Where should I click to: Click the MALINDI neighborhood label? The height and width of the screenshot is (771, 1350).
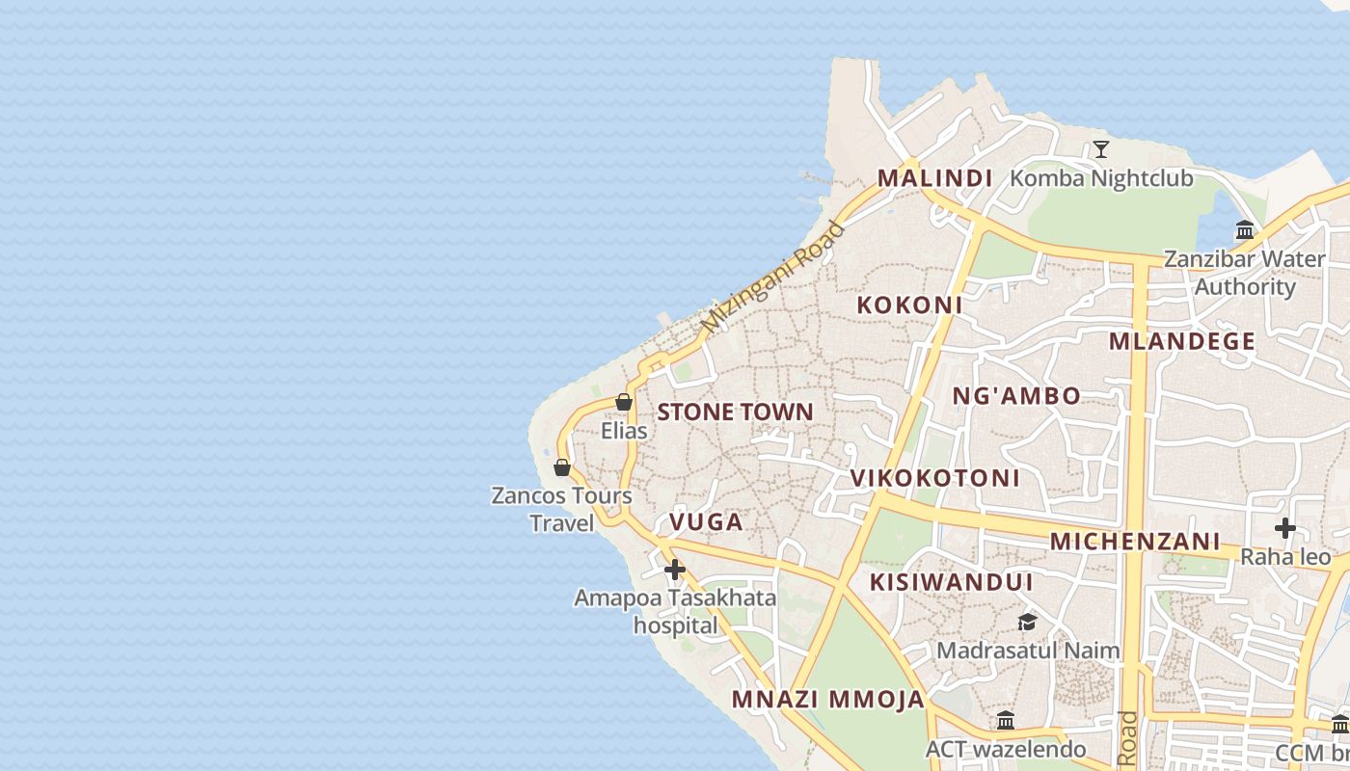click(x=934, y=178)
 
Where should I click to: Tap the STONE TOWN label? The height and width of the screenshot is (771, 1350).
click(x=735, y=412)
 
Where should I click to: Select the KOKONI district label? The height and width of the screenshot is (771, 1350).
click(x=909, y=306)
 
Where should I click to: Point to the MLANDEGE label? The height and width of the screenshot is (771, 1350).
click(x=1181, y=341)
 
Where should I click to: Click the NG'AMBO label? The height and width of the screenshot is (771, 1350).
click(x=1016, y=396)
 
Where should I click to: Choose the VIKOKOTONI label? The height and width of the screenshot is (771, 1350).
click(x=934, y=478)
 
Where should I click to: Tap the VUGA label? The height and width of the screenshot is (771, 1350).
click(x=706, y=522)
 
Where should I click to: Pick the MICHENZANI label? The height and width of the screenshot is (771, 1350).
click(x=1135, y=542)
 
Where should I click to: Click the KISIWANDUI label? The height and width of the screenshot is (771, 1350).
click(x=951, y=582)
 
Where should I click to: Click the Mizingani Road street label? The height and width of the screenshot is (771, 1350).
click(x=773, y=278)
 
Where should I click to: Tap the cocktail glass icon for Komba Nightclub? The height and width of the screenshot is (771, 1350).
click(x=1100, y=149)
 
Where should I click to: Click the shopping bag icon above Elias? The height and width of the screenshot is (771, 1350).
click(x=624, y=402)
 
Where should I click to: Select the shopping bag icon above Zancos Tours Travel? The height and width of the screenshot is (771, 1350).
click(x=562, y=467)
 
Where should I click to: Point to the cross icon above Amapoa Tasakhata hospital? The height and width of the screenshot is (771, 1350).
click(x=675, y=570)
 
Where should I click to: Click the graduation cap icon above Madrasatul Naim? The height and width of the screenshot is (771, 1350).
click(x=1027, y=623)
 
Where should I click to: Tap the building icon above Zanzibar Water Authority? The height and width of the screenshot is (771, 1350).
click(x=1245, y=230)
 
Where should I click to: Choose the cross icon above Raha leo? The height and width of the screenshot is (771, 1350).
click(x=1284, y=528)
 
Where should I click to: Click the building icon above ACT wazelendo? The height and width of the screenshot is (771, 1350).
click(x=1006, y=720)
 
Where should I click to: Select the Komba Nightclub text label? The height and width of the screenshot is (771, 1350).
click(x=1100, y=178)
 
